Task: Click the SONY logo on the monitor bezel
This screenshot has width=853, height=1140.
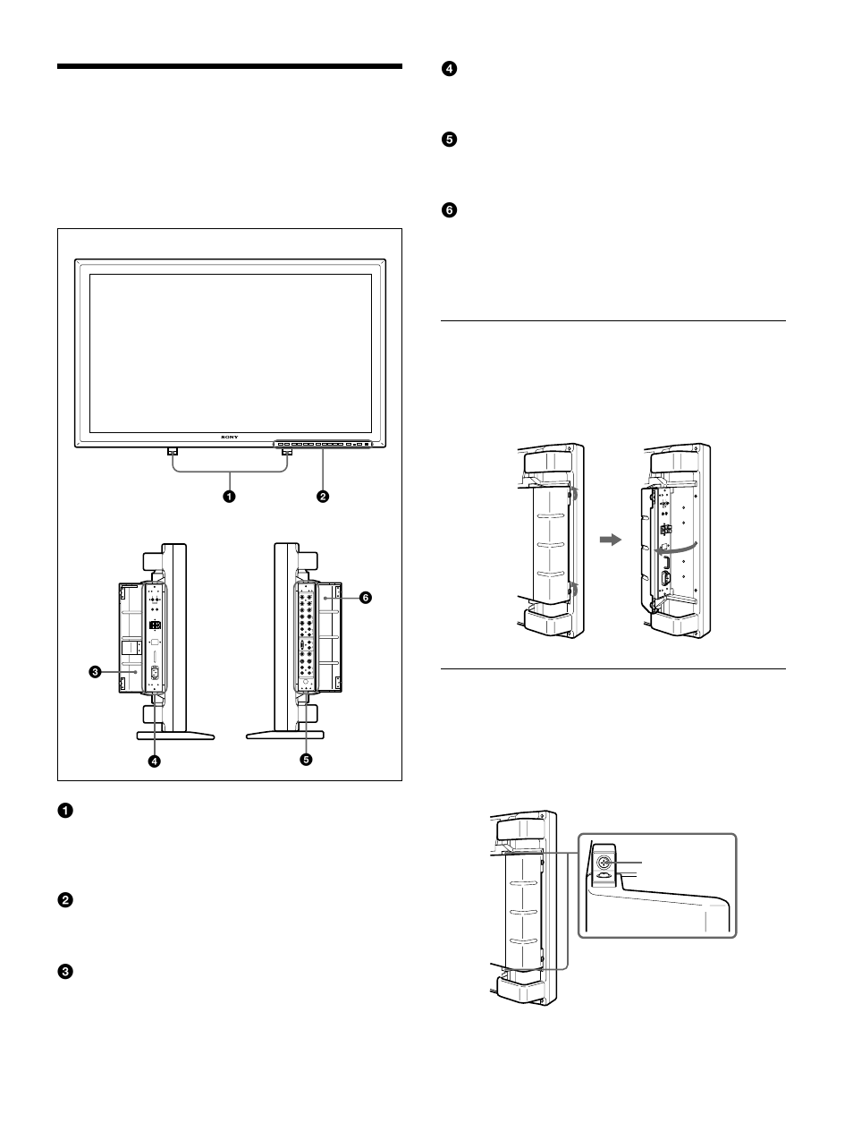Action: (231, 438)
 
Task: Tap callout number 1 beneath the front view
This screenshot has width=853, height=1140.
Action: (230, 496)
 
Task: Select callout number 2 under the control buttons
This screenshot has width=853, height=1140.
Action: (323, 496)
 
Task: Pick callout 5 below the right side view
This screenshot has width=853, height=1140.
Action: (307, 760)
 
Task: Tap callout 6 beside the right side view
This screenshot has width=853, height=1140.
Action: (365, 598)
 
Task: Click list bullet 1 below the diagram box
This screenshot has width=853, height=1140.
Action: (65, 811)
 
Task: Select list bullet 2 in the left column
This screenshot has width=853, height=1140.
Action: (65, 900)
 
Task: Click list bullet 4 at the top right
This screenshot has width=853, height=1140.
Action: (450, 69)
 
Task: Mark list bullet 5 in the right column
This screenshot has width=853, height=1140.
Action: (450, 140)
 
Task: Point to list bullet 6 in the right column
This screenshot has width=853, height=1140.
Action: (450, 210)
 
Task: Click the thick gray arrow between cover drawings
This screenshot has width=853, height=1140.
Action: (609, 540)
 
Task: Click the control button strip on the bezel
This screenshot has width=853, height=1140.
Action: (322, 443)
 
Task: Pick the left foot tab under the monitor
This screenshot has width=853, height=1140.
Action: (173, 451)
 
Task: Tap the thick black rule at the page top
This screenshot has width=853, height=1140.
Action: (230, 66)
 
